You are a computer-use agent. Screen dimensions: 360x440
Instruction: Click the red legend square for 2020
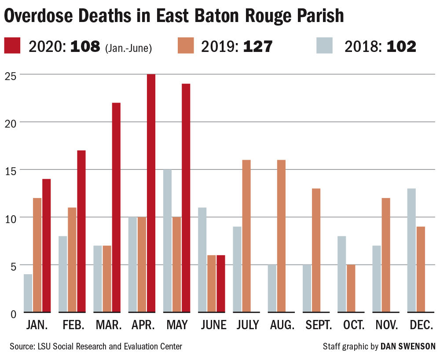(12, 46)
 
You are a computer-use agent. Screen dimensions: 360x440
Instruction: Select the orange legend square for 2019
(186, 46)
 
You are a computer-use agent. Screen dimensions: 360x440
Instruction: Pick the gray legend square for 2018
(325, 46)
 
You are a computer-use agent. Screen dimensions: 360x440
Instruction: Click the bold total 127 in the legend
(258, 46)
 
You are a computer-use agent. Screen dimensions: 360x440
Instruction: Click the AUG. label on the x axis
(282, 325)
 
